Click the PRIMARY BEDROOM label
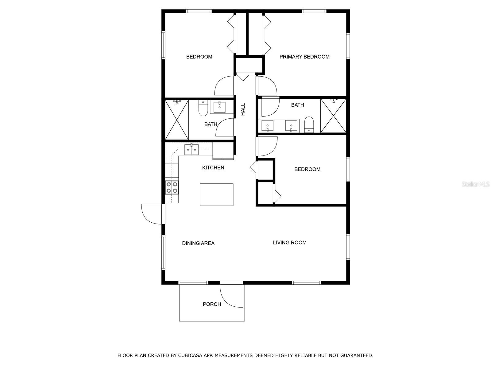tap(304, 57)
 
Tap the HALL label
tap(243, 109)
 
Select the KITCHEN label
tap(213, 167)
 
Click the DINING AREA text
tap(198, 243)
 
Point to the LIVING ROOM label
tap(290, 243)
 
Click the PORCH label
tap(212, 304)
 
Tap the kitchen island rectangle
tap(217, 195)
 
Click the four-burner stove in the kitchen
tap(172, 187)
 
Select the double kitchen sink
tap(191, 149)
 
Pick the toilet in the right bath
tap(309, 125)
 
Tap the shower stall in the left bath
tap(177, 120)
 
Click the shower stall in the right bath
tap(333, 116)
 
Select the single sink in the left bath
tap(219, 107)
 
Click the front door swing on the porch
tap(231, 295)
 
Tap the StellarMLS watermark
tap(476, 184)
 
